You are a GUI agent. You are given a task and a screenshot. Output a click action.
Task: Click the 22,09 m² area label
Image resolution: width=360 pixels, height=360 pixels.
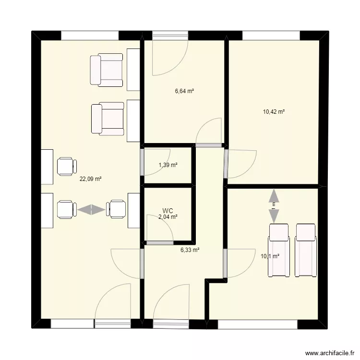click(91, 179)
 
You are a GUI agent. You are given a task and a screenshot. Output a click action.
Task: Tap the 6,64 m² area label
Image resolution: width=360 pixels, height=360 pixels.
click(184, 91)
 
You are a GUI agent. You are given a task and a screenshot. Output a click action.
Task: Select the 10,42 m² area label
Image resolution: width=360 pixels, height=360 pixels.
click(274, 112)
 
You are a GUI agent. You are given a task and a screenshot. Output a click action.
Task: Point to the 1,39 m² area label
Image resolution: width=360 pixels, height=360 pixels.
click(168, 165)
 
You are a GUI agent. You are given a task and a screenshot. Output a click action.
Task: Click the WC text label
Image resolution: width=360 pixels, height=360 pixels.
click(168, 210)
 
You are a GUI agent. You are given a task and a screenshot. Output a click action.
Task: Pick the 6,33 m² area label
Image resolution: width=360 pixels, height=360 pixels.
click(190, 250)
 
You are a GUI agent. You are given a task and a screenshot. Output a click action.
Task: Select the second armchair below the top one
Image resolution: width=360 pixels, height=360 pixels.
click(108, 118)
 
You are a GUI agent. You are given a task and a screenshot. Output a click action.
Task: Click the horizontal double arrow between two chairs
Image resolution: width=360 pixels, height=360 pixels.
click(91, 209)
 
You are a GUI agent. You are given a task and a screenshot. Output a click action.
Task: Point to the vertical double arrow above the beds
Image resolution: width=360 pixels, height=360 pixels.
click(274, 205)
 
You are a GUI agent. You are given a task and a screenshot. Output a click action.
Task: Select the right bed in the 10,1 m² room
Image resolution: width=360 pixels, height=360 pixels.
click(306, 250)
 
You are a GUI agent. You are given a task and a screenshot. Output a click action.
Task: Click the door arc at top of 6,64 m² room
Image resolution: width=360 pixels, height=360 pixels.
click(168, 58)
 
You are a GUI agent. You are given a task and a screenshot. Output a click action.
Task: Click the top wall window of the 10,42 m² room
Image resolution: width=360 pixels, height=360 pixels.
click(271, 36)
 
